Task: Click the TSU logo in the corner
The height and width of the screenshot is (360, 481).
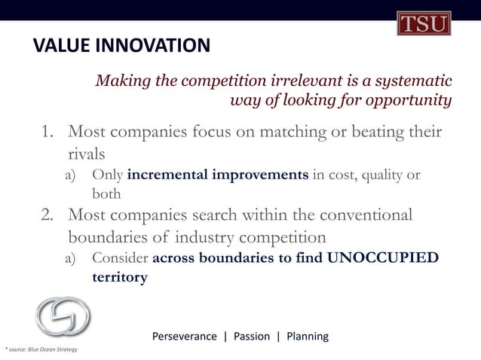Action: click(x=423, y=23)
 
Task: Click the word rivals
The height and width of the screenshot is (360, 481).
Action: click(x=87, y=154)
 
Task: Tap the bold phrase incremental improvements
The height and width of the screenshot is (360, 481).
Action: click(x=218, y=176)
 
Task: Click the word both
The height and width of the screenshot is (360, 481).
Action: click(x=106, y=194)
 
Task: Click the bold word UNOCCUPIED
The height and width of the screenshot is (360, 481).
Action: click(x=383, y=259)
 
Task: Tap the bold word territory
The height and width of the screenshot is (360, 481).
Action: click(x=119, y=277)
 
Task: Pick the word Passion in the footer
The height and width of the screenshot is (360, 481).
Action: click(x=252, y=336)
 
